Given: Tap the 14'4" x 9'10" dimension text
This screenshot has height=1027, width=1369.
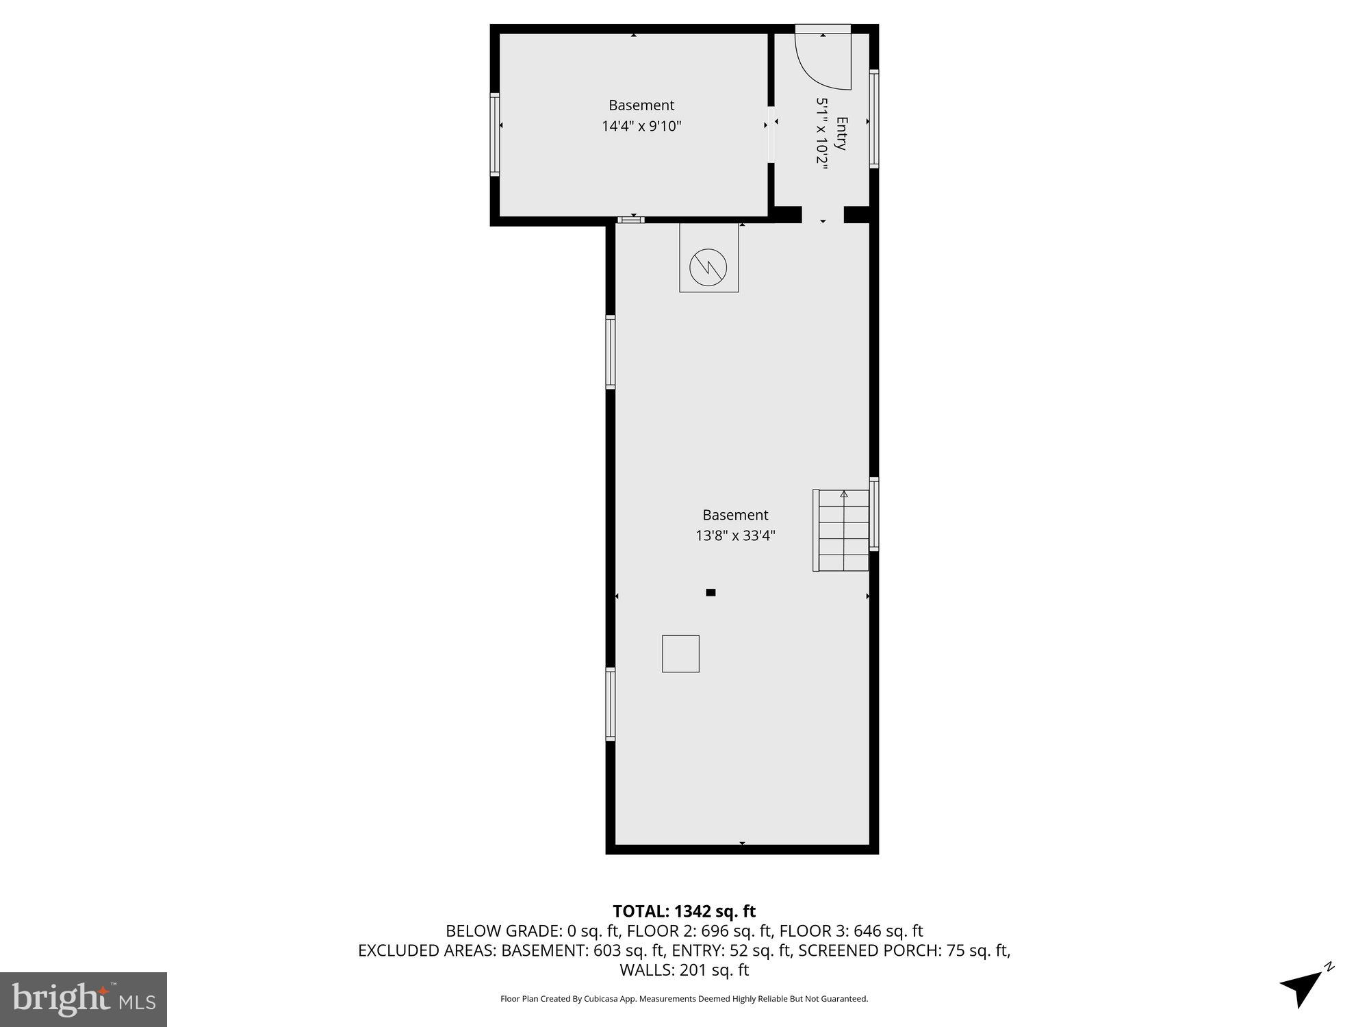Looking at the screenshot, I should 641,126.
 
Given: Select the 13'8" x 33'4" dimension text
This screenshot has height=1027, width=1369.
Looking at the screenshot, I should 735,535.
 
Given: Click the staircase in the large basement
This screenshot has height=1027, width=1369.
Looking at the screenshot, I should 842,530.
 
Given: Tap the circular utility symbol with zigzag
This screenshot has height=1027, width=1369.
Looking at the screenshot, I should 708,266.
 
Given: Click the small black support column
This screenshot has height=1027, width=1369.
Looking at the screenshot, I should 711,592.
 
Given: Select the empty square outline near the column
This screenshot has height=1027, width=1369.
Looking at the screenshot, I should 680,653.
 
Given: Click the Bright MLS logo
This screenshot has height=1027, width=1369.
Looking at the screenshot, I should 84,1000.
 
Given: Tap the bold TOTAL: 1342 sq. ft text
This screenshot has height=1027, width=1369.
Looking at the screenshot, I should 684,911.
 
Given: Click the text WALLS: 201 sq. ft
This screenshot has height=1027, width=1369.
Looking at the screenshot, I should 684,969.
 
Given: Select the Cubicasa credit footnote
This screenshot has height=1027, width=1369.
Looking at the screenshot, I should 684,999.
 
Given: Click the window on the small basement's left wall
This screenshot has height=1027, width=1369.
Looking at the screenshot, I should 494,134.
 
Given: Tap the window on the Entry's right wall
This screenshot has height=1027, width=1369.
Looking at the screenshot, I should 874,118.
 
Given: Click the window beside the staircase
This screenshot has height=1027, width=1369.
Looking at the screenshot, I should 874,514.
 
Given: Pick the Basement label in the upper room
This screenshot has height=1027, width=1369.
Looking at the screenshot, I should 641,105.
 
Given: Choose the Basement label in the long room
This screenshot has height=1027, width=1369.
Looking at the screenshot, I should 735,515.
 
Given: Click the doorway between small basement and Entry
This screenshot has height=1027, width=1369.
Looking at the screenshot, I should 771,134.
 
